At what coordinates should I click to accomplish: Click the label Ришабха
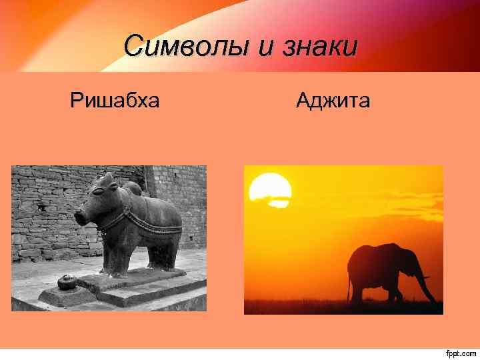click(x=115, y=101)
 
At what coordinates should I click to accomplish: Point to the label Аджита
click(x=333, y=101)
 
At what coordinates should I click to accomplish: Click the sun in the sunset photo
click(x=270, y=187)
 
